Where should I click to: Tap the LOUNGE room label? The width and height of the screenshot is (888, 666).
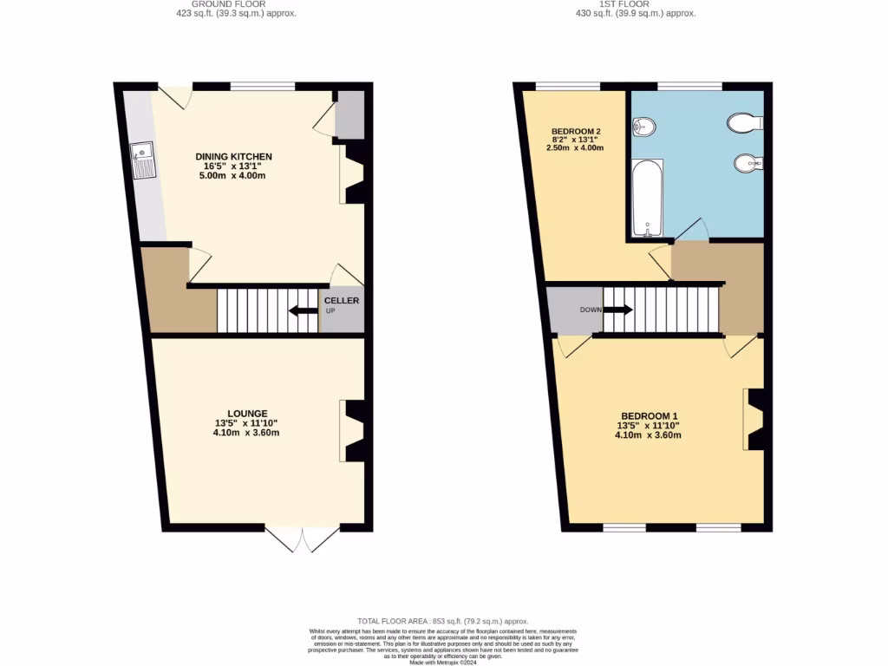click(247, 414)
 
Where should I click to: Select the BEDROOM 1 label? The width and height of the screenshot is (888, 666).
click(648, 415)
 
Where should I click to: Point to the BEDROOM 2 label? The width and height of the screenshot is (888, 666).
click(576, 132)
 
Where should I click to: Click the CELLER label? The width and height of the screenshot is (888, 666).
click(342, 301)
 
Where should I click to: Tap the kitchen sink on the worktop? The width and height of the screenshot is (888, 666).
click(141, 160)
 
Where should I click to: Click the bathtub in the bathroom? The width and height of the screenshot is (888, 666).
click(647, 199)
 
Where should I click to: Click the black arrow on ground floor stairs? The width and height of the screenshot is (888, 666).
click(304, 311)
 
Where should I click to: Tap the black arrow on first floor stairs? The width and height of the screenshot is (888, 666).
click(618, 310)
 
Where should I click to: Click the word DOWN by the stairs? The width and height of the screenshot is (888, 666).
click(591, 310)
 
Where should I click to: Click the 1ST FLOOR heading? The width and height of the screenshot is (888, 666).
click(637, 3)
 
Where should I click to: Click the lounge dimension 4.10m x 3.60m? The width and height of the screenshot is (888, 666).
click(247, 434)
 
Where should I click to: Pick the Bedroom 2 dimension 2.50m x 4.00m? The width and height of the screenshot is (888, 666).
click(575, 148)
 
